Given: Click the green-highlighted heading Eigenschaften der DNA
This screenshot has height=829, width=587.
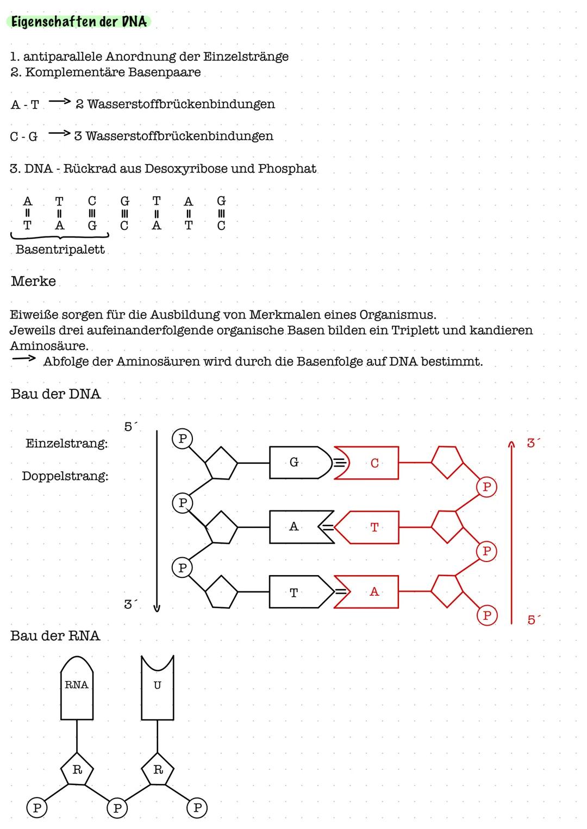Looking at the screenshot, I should click(x=79, y=22).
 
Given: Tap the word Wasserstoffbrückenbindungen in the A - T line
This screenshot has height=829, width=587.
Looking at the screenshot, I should click(x=181, y=104).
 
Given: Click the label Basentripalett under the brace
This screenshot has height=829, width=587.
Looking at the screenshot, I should click(x=60, y=250).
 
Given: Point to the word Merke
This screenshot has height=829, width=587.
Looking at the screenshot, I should click(x=33, y=281).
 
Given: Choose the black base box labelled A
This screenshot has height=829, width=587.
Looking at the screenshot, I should click(x=298, y=527).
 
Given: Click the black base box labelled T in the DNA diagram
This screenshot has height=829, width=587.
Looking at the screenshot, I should click(x=298, y=593).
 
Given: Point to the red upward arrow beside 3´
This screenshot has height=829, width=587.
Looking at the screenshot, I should click(x=511, y=533).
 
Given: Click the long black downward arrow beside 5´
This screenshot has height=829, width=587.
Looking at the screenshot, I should click(x=157, y=519).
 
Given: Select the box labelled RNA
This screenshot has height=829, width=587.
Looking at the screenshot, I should click(x=77, y=688).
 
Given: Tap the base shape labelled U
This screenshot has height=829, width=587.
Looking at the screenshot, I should click(x=158, y=688).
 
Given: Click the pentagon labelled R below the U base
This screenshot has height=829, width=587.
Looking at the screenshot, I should click(x=158, y=770).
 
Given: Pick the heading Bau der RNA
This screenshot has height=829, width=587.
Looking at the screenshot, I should click(x=55, y=635).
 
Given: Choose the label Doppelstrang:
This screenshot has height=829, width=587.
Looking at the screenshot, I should click(x=65, y=476).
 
